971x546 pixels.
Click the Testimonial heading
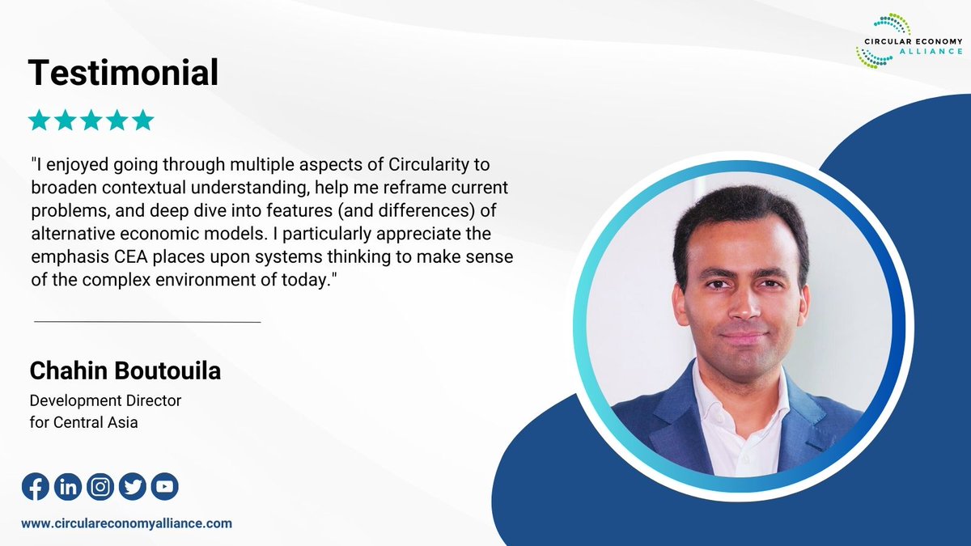pos(123,73)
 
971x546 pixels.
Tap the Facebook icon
pos(35,486)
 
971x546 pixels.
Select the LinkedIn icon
pos(68,486)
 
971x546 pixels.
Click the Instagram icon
pos(100,486)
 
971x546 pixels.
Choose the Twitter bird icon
pos(133,486)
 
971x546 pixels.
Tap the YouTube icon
pos(164,486)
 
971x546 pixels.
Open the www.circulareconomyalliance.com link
pos(126,523)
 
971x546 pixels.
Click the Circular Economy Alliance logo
pos(908,40)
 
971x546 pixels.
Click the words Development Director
pos(105,400)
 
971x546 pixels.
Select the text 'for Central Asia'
pos(83,421)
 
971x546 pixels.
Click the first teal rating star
pos(39,121)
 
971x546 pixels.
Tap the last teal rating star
pos(142,121)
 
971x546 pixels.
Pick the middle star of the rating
pos(91,121)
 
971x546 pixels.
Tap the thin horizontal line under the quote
pos(147,322)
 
